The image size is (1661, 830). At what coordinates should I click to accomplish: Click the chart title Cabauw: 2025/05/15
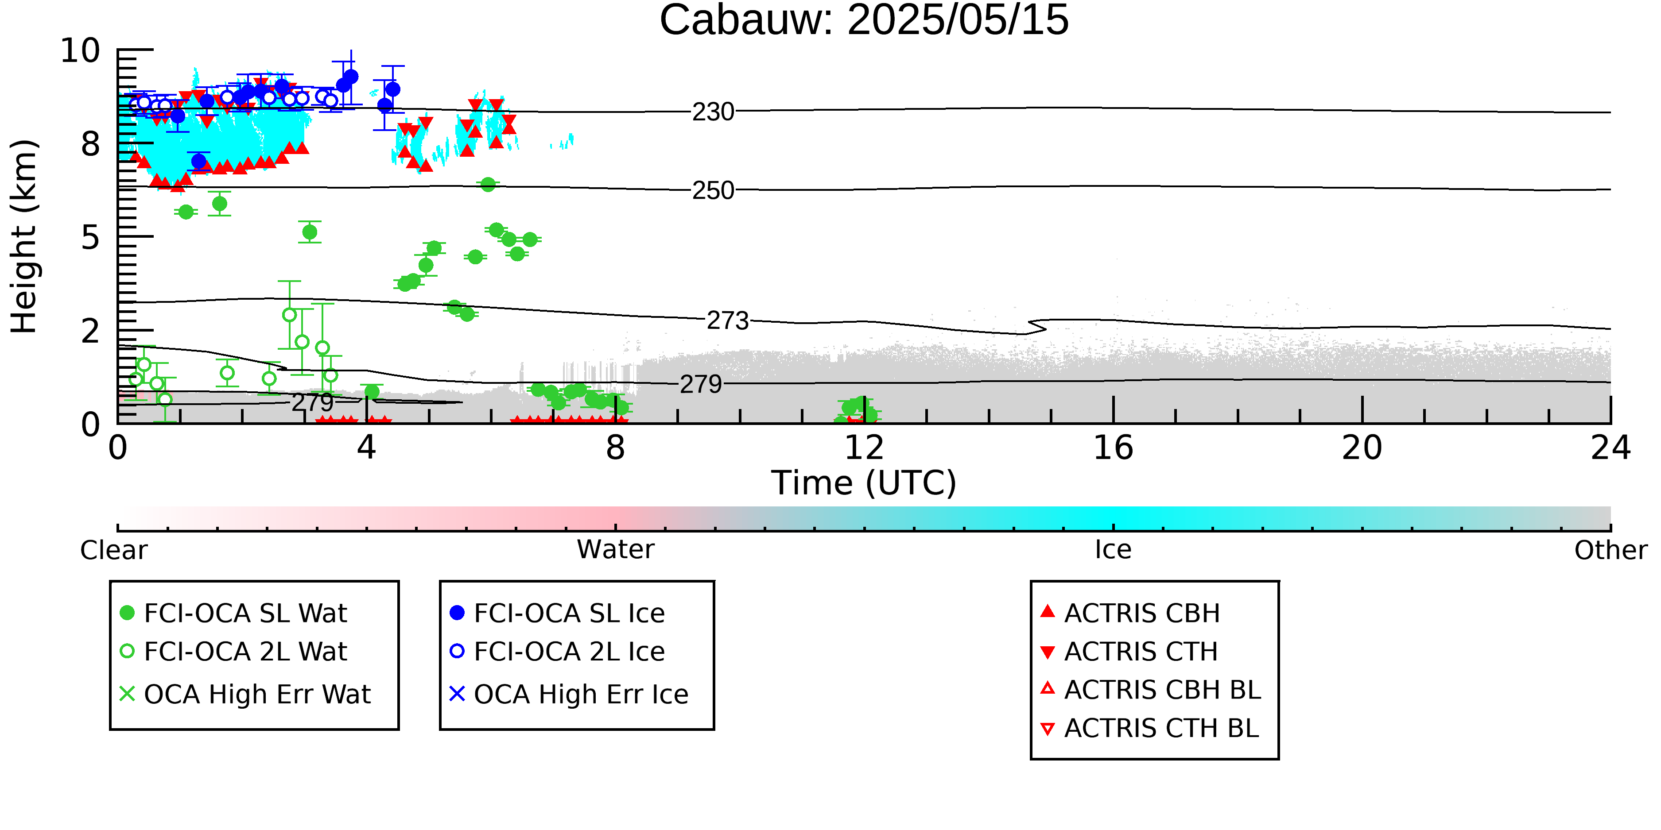(x=864, y=21)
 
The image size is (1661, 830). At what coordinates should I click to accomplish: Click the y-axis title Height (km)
(x=24, y=236)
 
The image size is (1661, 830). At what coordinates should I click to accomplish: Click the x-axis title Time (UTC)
(x=864, y=483)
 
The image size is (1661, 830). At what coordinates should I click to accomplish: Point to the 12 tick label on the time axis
(x=864, y=448)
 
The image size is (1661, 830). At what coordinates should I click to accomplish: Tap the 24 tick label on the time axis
(x=1610, y=448)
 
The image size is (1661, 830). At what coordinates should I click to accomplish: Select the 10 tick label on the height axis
(x=81, y=50)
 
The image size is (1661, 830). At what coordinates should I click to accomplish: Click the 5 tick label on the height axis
(x=91, y=238)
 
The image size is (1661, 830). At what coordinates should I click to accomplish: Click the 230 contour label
(x=713, y=112)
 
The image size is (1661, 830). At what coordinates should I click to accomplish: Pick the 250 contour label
(x=713, y=191)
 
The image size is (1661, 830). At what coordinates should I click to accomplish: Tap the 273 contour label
(x=728, y=321)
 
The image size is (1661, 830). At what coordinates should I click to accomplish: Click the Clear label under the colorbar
(x=113, y=550)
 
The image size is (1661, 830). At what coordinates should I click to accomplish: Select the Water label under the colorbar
(x=616, y=550)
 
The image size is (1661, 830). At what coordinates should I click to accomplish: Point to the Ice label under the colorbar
(x=1113, y=550)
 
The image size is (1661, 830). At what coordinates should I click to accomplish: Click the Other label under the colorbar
(x=1611, y=550)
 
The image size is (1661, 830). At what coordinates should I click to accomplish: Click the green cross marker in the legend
(x=128, y=694)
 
